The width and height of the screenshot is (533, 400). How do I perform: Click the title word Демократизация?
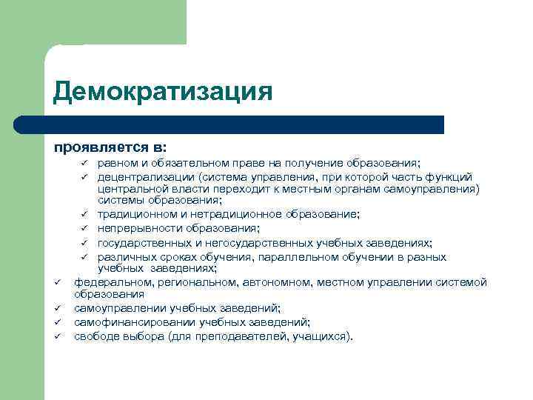(x=163, y=92)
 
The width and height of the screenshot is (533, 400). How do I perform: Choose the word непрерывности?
(x=134, y=227)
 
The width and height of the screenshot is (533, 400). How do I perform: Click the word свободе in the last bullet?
(x=95, y=336)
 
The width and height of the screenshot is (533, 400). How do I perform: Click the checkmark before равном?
(x=84, y=163)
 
